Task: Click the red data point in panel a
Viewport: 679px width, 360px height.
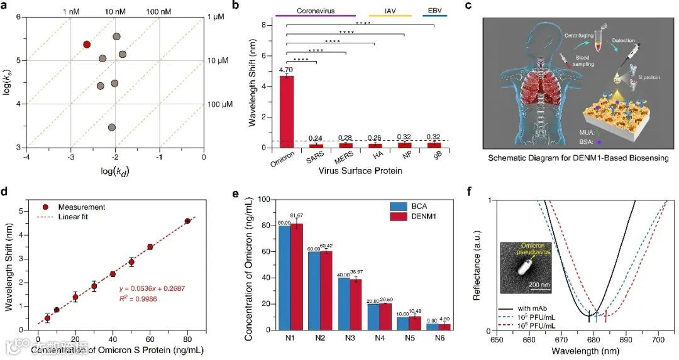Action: click(x=87, y=45)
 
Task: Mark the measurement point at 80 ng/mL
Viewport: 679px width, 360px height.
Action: click(x=187, y=221)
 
